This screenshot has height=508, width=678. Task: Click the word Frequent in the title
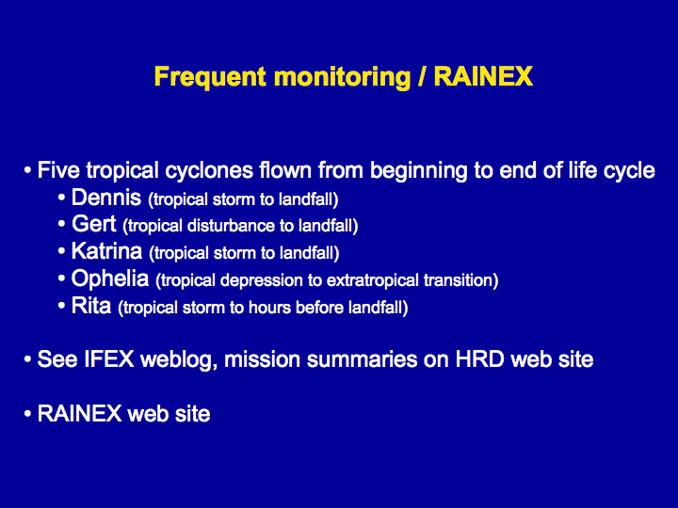pos(210,77)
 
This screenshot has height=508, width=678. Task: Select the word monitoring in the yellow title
pos(342,77)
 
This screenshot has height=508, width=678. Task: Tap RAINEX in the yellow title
pos(483,76)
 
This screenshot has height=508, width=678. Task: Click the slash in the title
pos(422,77)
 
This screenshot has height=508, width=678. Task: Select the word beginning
pos(418,170)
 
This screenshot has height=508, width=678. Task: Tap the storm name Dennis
pos(106,198)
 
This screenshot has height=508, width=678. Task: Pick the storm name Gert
pos(94,224)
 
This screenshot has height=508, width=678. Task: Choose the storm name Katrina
pos(106,251)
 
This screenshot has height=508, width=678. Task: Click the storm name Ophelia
pos(110,278)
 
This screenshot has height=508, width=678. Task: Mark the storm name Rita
pos(91,306)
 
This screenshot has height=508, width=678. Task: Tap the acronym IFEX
pos(109,359)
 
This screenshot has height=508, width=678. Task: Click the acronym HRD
pos(479,359)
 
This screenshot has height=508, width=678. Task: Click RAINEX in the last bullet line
pos(79,413)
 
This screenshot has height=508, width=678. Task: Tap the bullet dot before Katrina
pos(61,251)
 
